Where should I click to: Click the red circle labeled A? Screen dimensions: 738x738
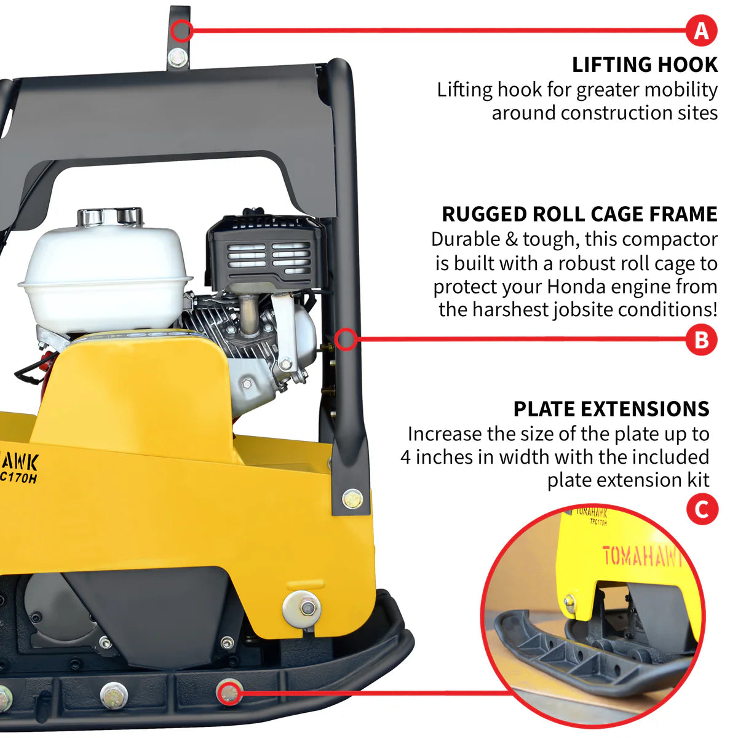coord(701,30)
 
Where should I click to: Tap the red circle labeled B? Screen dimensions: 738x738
coord(701,339)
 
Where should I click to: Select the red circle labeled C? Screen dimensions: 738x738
coord(702,509)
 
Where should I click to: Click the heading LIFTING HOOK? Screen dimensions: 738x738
coord(645,65)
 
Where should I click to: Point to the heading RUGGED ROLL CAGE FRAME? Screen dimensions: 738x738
coord(579,214)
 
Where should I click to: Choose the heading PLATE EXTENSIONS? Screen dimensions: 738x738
coord(611,409)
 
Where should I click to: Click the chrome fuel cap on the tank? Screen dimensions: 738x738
coord(110,216)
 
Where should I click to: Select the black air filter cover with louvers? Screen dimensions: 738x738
coord(266,252)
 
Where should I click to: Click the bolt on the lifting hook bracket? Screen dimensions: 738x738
coord(178,58)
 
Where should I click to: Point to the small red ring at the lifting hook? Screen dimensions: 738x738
coord(182,30)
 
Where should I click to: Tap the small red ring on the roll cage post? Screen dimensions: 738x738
coord(346,339)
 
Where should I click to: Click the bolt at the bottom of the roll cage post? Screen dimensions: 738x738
coord(352,498)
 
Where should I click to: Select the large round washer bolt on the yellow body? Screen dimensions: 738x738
coord(302,608)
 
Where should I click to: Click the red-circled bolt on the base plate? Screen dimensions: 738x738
coord(229,693)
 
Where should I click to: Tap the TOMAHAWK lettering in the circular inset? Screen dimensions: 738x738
coord(641,556)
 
